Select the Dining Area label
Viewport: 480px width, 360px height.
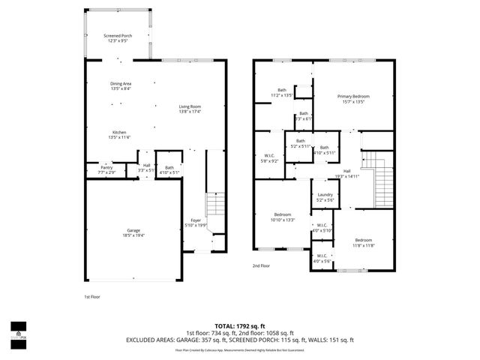click(121, 84)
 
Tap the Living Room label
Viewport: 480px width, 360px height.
click(189, 106)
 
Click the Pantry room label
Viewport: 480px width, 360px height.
click(106, 167)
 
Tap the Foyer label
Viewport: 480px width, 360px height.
click(195, 220)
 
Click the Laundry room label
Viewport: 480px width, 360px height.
click(324, 196)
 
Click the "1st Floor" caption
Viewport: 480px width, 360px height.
click(91, 297)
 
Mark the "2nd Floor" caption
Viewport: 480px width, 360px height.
click(261, 265)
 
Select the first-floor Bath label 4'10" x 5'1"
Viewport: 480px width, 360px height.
click(169, 169)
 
